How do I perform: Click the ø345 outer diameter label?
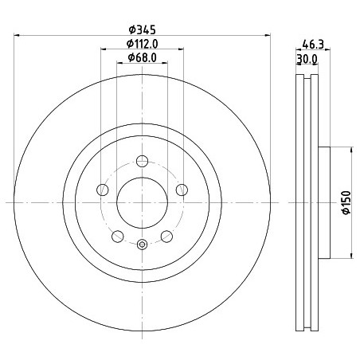tap(141, 29)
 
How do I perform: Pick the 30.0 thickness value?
tap(307, 59)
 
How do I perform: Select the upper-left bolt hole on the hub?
tap(102, 190)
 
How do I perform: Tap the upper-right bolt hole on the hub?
tap(182, 190)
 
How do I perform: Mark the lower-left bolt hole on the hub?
tap(117, 236)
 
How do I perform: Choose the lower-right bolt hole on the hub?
tap(166, 236)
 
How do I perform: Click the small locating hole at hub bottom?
tap(142, 245)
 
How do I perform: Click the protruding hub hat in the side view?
tap(324, 202)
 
